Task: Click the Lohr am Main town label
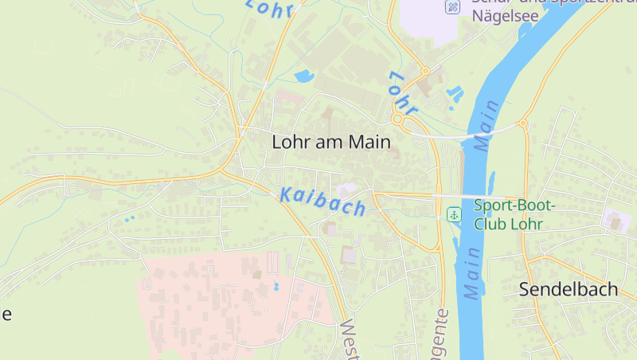pyautogui.click(x=331, y=143)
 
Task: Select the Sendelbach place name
pyautogui.click(x=568, y=289)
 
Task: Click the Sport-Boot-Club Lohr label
pyautogui.click(x=514, y=214)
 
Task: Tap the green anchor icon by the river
pyautogui.click(x=453, y=214)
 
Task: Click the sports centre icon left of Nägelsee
pyautogui.click(x=452, y=7)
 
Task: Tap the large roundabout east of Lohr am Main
pyautogui.click(x=397, y=119)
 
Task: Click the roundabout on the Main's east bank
pyautogui.click(x=523, y=123)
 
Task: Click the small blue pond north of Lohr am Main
pyautogui.click(x=304, y=77)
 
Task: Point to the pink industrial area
pyautogui.click(x=223, y=303)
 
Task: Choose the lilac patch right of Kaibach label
pyautogui.click(x=347, y=190)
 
